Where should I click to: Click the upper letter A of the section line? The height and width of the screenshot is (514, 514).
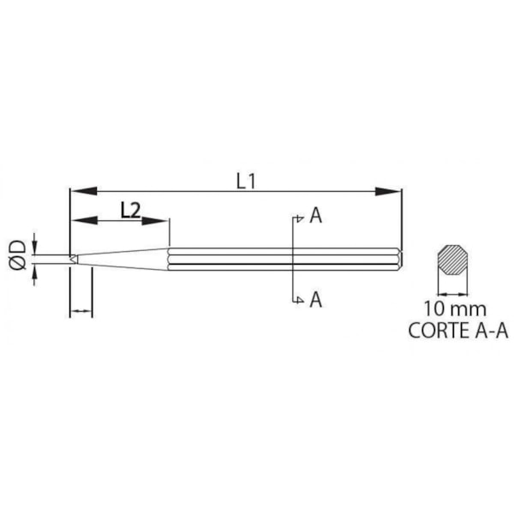click(316, 216)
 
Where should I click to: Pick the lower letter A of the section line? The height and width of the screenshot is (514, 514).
click(316, 299)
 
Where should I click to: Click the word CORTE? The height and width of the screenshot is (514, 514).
click(435, 328)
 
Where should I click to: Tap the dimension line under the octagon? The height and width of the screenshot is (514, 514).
click(454, 291)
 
